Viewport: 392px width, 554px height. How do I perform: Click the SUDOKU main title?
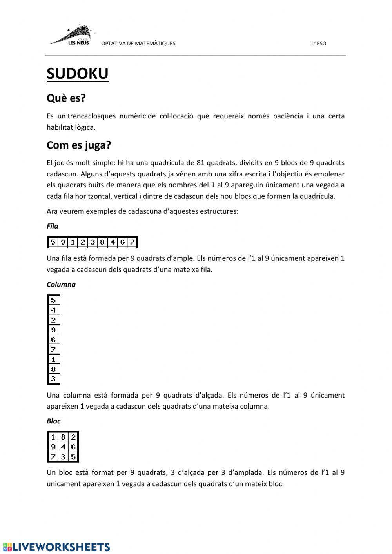(x=77, y=74)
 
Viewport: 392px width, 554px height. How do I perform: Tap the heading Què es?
(x=66, y=98)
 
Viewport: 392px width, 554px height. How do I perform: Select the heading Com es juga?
(x=79, y=145)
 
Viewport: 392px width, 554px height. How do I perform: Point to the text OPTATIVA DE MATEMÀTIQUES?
(x=138, y=44)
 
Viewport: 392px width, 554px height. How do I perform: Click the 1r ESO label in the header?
(x=318, y=44)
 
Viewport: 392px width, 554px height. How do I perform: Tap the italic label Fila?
(x=52, y=226)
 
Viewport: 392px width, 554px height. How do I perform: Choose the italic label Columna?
(x=61, y=285)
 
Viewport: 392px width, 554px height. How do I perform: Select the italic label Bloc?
(x=53, y=421)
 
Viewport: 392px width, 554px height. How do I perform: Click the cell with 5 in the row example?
(x=53, y=242)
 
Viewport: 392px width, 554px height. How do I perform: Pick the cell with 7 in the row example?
(x=132, y=242)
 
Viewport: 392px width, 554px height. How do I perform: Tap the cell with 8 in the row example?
(x=102, y=242)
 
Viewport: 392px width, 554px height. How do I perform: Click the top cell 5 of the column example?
(x=53, y=300)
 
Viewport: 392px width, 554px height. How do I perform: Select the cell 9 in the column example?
(x=53, y=330)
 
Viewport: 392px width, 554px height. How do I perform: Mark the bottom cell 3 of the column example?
(x=53, y=379)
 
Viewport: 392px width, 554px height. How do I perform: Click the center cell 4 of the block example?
(x=63, y=447)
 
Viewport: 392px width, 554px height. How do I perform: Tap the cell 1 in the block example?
(x=53, y=437)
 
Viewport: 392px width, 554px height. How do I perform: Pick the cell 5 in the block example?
(x=73, y=456)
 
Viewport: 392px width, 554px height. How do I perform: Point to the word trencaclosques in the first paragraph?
(x=92, y=116)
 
